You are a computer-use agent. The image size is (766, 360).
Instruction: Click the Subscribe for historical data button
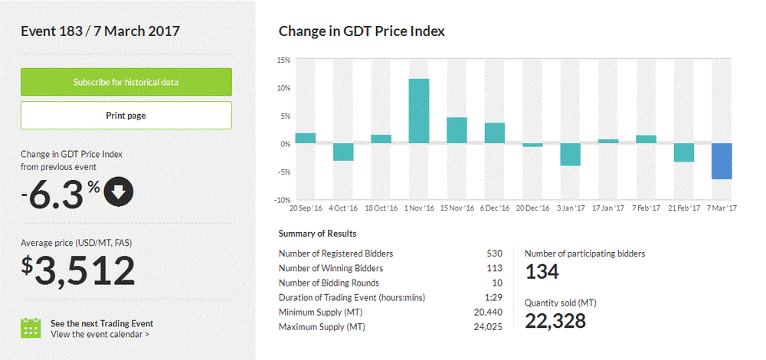(126, 82)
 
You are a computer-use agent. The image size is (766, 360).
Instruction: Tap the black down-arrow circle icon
(119, 193)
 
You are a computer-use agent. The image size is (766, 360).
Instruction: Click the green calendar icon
(31, 328)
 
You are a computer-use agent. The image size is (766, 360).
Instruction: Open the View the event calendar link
(100, 334)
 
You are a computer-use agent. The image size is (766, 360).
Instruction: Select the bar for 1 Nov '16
(418, 111)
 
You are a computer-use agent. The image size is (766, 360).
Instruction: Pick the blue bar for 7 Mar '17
(722, 161)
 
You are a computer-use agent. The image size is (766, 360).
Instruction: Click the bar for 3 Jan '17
(570, 155)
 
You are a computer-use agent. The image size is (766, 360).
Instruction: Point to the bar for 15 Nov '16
(457, 130)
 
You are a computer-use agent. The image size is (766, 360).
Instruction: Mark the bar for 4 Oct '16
(342, 152)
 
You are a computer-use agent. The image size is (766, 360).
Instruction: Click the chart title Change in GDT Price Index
(362, 31)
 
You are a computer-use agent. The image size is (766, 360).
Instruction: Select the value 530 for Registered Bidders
(494, 254)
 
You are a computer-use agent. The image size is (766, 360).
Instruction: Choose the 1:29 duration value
(494, 297)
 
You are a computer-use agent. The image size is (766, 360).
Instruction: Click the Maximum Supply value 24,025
(489, 327)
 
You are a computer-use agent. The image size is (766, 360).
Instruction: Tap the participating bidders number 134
(542, 271)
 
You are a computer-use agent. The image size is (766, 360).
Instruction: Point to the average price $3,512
(77, 270)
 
